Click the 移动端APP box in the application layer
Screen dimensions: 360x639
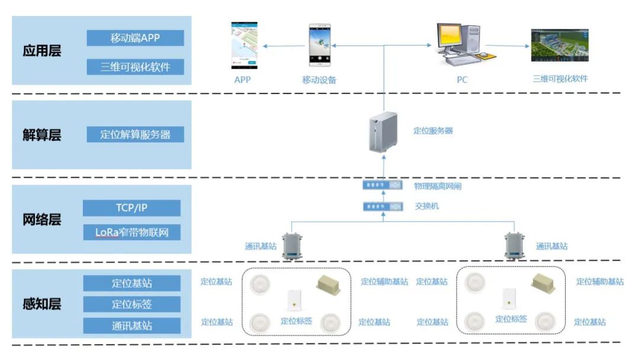[135, 38]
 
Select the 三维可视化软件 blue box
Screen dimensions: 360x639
[135, 67]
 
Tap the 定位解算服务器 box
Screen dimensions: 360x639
[135, 134]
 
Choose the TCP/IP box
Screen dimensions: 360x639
[131, 208]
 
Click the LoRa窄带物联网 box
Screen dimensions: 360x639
[131, 232]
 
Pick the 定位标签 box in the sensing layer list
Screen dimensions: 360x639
[131, 304]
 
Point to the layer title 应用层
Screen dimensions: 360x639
[42, 51]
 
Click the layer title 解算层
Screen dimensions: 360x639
[42, 135]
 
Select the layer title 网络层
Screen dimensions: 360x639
[42, 220]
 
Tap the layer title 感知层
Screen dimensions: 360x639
[42, 304]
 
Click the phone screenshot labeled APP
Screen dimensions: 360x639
[243, 46]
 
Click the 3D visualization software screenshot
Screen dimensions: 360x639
[560, 46]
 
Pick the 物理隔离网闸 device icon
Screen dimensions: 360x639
[382, 185]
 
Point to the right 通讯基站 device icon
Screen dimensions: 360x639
[514, 245]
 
